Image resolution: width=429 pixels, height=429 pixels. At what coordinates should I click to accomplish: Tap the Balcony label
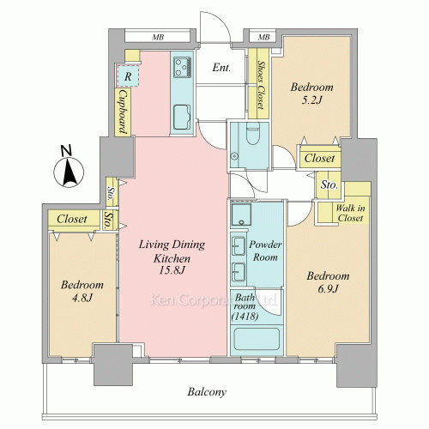pyautogui.click(x=207, y=392)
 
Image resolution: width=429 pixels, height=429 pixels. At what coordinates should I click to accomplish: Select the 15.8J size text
pyautogui.click(x=172, y=270)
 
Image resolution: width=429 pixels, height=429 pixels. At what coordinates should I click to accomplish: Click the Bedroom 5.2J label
pyautogui.click(x=311, y=94)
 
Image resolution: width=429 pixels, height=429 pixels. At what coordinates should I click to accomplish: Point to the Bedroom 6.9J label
pyautogui.click(x=328, y=282)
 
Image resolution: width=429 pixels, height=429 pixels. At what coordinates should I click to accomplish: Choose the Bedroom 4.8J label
pyautogui.click(x=82, y=291)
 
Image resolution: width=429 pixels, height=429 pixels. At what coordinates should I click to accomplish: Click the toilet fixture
pyautogui.click(x=252, y=133)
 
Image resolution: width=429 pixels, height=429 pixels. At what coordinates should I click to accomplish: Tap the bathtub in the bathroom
pyautogui.click(x=257, y=339)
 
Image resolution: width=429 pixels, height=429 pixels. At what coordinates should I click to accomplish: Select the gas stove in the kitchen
pyautogui.click(x=183, y=67)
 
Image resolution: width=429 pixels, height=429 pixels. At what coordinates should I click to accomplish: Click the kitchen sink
pyautogui.click(x=182, y=117)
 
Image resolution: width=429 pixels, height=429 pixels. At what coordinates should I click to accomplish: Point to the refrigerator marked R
pyautogui.click(x=128, y=76)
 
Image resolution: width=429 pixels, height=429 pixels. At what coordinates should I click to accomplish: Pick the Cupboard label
pyautogui.click(x=123, y=112)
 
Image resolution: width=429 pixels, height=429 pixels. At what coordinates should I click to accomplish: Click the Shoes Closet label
pyautogui.click(x=260, y=85)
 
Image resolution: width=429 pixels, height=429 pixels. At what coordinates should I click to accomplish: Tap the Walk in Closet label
pyautogui.click(x=350, y=213)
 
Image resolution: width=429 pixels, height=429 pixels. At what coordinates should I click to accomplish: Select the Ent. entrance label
pyautogui.click(x=221, y=68)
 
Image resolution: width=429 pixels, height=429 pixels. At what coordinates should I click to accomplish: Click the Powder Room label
pyautogui.click(x=265, y=251)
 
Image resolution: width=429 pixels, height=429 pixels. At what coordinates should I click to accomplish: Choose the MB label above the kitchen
pyautogui.click(x=158, y=37)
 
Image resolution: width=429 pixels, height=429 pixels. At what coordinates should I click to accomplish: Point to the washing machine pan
pyautogui.click(x=241, y=214)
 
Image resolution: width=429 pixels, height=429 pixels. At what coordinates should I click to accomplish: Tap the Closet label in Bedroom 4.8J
pyautogui.click(x=71, y=219)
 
